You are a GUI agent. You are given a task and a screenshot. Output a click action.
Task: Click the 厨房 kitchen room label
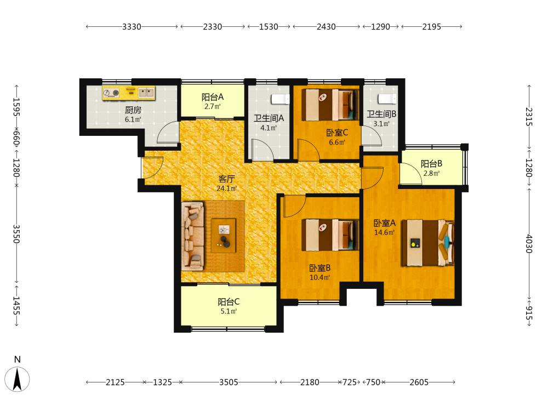[x=133, y=110]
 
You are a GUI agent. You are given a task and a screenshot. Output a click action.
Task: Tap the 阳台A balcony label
[x=213, y=97]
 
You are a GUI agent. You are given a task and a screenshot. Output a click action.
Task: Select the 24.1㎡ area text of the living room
[x=227, y=189]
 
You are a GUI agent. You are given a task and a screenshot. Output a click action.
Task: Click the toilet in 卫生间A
[x=280, y=99]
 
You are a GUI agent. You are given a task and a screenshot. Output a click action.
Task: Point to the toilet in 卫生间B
[x=387, y=99]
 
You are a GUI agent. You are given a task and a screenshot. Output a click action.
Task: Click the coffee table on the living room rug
[x=224, y=236]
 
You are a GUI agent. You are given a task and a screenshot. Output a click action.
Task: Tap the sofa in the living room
[x=192, y=236]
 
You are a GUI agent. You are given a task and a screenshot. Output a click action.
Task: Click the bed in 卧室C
[x=330, y=105]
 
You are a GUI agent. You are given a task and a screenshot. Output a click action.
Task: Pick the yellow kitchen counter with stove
[x=129, y=93]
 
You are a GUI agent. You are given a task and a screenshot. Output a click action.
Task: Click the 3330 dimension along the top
[x=132, y=26]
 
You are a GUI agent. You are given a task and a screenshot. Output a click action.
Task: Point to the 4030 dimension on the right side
[x=529, y=244]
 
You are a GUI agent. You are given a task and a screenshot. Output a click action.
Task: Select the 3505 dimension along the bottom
[x=229, y=383]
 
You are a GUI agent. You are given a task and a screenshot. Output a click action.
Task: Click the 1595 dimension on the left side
[x=16, y=107]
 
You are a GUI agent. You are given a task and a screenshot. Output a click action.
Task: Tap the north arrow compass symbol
[x=17, y=379]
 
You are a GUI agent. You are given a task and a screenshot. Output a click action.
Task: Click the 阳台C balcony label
[x=229, y=301]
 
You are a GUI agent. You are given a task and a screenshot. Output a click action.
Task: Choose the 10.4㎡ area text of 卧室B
[x=320, y=277]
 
